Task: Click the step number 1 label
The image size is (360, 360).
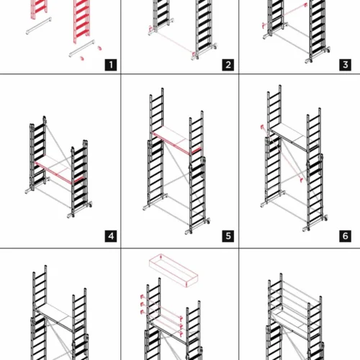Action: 111,65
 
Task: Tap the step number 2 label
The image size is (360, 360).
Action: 228,65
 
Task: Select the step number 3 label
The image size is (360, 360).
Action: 345,65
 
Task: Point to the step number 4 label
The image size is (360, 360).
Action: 111,236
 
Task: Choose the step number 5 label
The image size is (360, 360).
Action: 228,236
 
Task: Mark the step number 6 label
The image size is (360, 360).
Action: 345,236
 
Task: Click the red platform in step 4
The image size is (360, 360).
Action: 59,171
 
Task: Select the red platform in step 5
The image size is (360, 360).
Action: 176,141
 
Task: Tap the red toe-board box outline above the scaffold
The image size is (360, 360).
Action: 174,271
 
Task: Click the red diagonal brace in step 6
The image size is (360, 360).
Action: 282,153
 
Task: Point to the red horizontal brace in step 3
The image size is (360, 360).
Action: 284,15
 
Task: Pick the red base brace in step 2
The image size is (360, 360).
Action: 172,41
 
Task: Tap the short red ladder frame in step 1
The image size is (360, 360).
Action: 38,9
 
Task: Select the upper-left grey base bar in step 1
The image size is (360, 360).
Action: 39,26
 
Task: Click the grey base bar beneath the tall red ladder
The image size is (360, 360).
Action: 82,48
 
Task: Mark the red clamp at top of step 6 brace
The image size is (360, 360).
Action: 263,127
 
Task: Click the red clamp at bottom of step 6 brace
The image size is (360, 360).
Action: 301,180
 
